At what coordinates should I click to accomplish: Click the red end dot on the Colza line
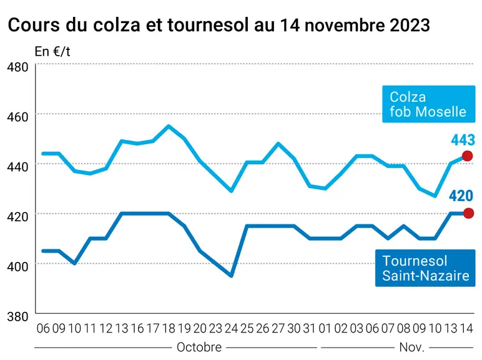(x=467, y=156)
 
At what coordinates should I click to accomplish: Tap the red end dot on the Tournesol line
(x=468, y=213)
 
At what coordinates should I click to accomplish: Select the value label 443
(x=463, y=140)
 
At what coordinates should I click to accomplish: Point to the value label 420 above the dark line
(x=461, y=196)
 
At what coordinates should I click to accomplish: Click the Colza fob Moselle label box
(x=428, y=104)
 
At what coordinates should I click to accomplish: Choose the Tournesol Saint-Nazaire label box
(x=425, y=268)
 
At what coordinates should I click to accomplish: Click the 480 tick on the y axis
(x=17, y=67)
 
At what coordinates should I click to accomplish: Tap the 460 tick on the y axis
(x=17, y=117)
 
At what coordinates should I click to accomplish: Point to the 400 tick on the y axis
(x=17, y=266)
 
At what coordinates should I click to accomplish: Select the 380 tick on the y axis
(x=17, y=316)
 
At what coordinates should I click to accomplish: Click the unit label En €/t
(x=52, y=52)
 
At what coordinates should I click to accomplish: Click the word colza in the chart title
(x=117, y=25)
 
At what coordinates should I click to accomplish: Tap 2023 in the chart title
(x=410, y=25)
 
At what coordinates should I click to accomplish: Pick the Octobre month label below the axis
(x=199, y=347)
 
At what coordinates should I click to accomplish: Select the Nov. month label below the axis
(x=412, y=347)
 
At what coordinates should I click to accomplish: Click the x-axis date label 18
(x=169, y=329)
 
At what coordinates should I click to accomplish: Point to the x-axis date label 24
(x=231, y=329)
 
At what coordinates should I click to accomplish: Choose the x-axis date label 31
(x=310, y=329)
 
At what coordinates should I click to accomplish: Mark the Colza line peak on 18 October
(x=169, y=126)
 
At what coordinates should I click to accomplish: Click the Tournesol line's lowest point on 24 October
(x=231, y=276)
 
